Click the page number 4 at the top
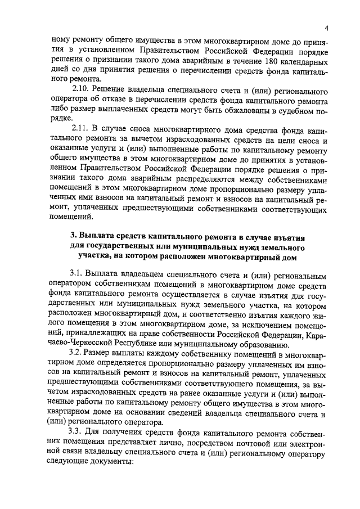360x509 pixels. [x=326, y=29]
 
